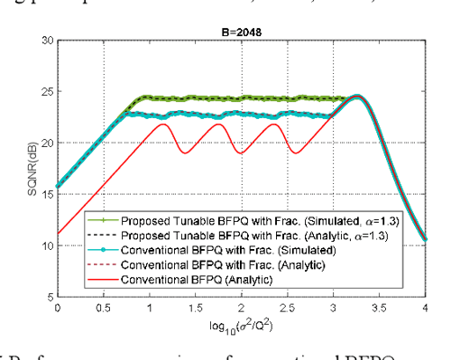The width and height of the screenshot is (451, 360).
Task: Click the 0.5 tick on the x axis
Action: pos(103,306)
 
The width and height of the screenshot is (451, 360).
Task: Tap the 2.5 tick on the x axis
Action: pos(287,306)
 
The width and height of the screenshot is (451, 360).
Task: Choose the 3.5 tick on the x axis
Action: pos(380,306)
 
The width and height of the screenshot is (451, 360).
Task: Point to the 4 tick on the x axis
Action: pos(425,306)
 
